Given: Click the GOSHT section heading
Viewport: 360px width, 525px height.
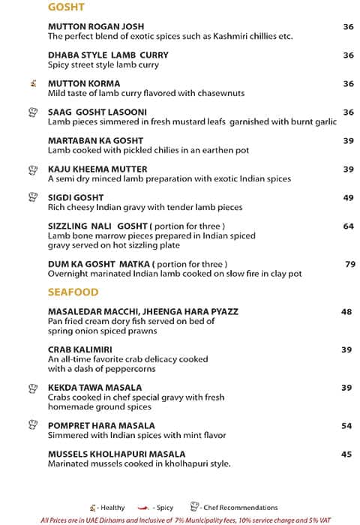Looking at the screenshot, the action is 65,7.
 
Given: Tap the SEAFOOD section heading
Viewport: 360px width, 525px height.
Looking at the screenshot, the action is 73,292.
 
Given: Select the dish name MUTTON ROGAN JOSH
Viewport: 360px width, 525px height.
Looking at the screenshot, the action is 95,26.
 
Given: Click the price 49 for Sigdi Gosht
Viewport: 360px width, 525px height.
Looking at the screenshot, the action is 348,197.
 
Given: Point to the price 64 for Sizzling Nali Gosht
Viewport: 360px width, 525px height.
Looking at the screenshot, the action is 348,226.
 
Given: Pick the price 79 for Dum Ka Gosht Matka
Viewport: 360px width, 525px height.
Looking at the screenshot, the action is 349,264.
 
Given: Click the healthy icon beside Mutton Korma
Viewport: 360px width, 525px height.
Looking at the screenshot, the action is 32,83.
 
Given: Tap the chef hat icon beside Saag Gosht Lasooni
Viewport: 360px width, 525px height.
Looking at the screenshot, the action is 32,112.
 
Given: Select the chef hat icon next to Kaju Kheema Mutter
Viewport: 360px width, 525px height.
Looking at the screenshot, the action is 32,169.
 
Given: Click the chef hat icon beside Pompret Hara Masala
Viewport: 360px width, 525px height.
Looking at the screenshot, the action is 32,425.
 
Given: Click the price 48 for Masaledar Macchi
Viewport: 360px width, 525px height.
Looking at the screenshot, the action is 346,312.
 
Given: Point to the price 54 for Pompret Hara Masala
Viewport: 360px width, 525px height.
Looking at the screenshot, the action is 346,426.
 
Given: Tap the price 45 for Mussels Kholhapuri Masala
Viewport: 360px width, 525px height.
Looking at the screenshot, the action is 346,454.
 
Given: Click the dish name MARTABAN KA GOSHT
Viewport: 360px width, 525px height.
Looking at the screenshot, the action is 95,141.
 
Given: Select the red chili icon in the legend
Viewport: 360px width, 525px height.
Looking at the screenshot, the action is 141,508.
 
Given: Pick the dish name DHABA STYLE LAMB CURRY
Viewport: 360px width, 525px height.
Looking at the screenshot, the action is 108,55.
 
